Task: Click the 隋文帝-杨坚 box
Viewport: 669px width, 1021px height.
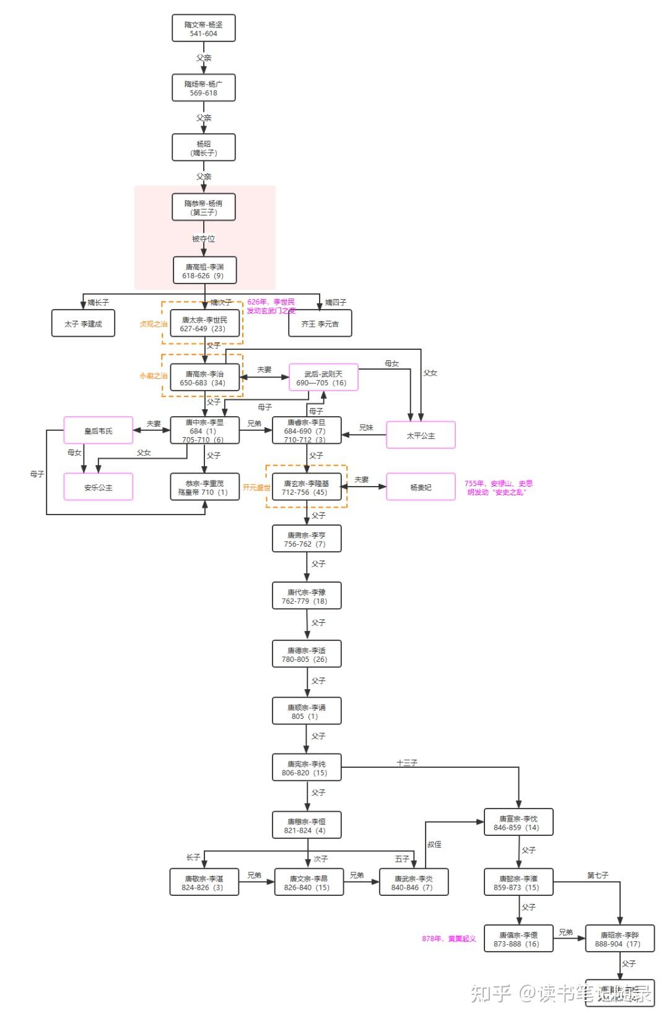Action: pos(203,28)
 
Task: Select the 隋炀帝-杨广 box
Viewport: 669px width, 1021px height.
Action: pos(203,88)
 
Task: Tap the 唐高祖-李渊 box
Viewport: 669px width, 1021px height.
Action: pos(204,271)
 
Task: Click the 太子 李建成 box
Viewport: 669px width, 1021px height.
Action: pos(83,324)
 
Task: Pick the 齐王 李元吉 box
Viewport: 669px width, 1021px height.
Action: pos(320,324)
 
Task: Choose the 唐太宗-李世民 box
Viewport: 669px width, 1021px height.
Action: pos(204,324)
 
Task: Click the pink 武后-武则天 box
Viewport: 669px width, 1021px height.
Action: pos(323,378)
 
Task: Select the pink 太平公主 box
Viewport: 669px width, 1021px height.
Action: pos(421,435)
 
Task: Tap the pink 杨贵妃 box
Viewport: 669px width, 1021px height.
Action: pos(421,487)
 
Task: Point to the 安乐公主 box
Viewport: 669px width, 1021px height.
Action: pos(98,487)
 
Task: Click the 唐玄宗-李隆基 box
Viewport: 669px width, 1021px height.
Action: pos(306,487)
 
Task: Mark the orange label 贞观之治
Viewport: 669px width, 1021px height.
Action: pos(153,324)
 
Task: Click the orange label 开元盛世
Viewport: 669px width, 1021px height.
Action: pos(256,487)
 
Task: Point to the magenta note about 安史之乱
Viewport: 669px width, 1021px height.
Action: pos(498,487)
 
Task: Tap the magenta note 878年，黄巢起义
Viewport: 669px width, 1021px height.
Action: pos(448,939)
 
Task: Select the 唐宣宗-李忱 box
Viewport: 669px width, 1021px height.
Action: pos(518,823)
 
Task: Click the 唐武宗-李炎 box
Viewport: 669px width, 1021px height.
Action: pos(413,882)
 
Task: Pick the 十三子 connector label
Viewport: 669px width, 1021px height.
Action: pos(406,763)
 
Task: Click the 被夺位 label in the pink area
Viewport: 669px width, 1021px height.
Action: pos(203,239)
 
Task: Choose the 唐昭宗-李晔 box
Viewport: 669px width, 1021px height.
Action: pos(619,939)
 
